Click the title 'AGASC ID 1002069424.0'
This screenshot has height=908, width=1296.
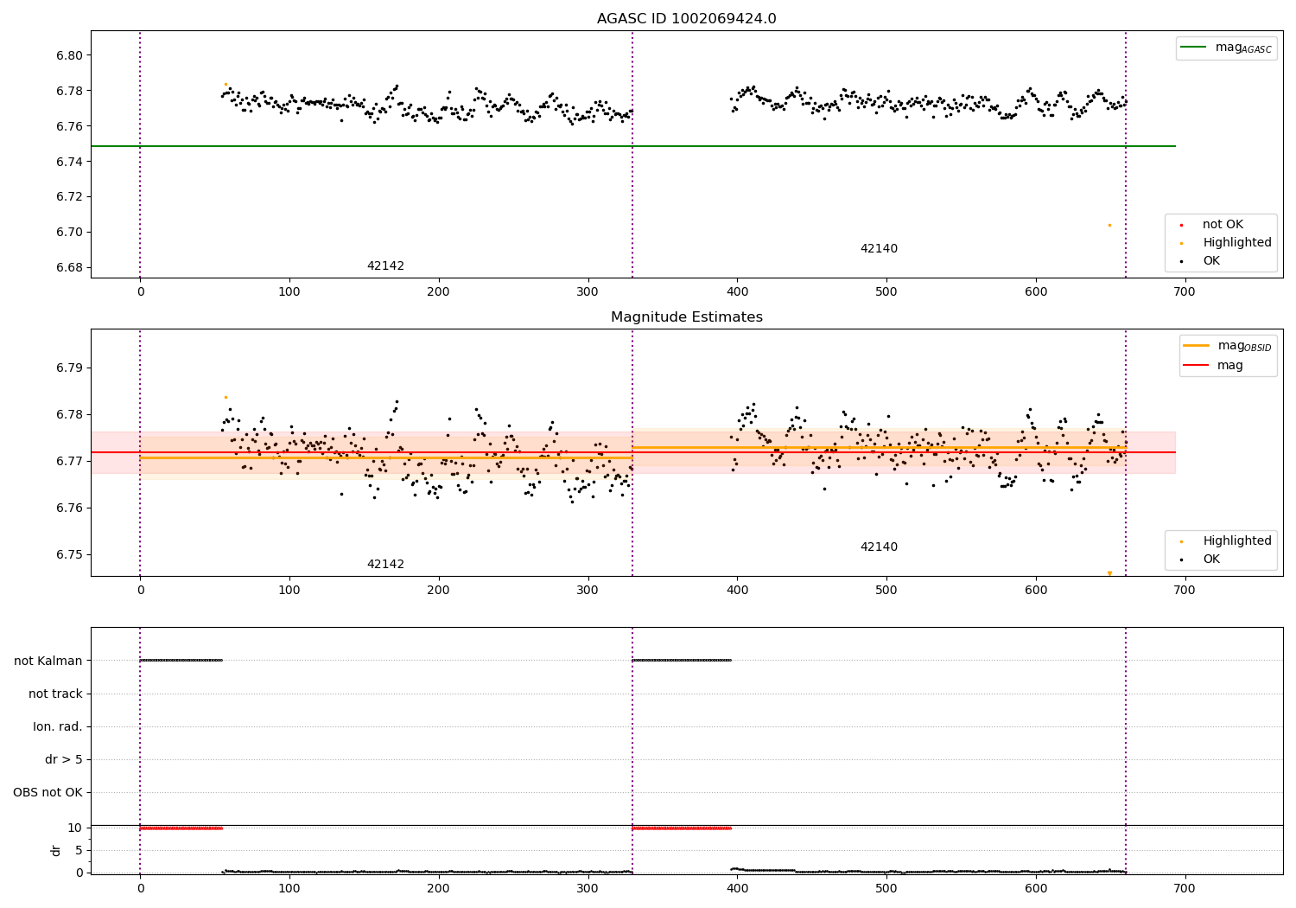pos(686,19)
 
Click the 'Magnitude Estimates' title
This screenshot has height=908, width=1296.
pos(686,317)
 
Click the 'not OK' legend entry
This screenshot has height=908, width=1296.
pos(1223,225)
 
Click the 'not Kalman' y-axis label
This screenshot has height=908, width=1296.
pos(48,661)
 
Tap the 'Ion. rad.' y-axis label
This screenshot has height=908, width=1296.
pos(58,726)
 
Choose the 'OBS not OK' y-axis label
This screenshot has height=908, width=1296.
pos(48,792)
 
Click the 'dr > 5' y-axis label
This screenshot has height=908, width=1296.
pos(64,759)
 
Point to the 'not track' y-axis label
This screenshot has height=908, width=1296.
pos(55,694)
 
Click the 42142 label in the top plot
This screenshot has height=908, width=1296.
pos(385,266)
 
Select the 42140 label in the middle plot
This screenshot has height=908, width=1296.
pos(879,547)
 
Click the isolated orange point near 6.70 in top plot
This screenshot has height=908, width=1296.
pos(1109,225)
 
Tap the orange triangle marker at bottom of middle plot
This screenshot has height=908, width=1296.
pos(1109,573)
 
